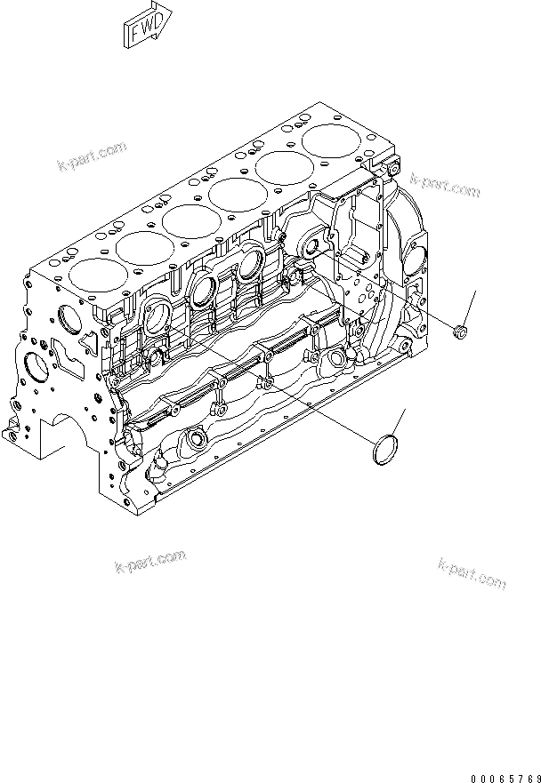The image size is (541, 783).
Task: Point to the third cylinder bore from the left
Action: click(x=189, y=218)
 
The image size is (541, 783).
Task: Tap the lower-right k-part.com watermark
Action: click(x=472, y=573)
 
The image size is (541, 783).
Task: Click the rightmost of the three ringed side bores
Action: click(x=251, y=264)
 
